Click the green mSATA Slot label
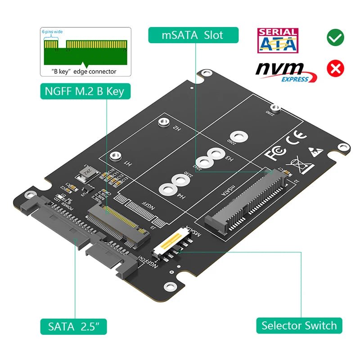click(x=193, y=35)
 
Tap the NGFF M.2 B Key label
click(x=84, y=92)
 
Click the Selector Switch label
click(x=299, y=325)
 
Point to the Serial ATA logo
click(x=277, y=40)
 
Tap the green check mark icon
click(x=335, y=38)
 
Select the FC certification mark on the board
click(x=275, y=154)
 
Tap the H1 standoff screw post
click(x=115, y=156)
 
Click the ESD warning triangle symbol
click(x=314, y=150)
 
